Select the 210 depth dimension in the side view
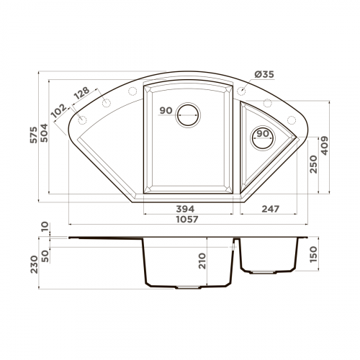coord(202,259)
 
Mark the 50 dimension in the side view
coord(44,256)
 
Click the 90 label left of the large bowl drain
coord(166,111)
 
